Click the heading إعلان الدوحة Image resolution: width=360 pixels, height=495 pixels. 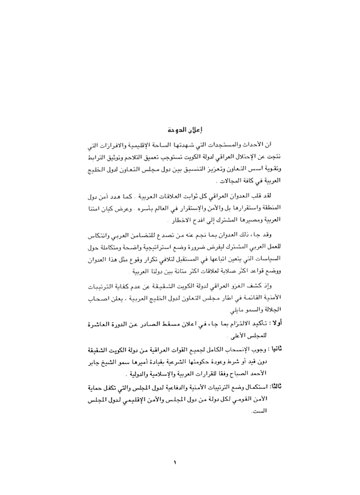click(180, 131)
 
